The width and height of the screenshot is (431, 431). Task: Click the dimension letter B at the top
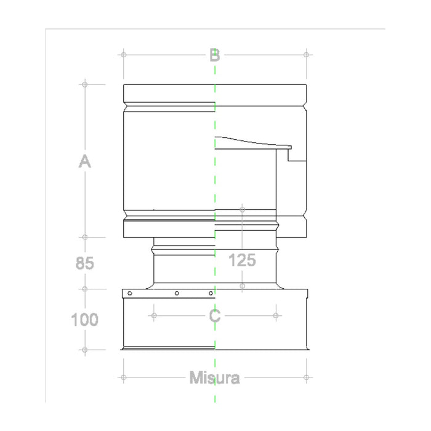(214, 55)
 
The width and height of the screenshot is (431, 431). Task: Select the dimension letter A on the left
(85, 162)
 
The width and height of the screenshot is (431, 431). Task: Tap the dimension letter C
(214, 316)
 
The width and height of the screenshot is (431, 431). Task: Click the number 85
(85, 263)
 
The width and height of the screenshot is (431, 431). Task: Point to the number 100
(85, 320)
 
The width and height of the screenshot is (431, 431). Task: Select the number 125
(242, 260)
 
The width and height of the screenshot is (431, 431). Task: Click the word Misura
(214, 377)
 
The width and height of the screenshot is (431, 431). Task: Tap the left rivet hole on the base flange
(129, 293)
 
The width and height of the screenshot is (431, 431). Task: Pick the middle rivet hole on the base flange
(177, 293)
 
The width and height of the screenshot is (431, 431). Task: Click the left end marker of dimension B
(124, 55)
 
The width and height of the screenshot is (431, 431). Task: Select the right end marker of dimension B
(306, 55)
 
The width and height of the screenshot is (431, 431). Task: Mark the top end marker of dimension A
(85, 84)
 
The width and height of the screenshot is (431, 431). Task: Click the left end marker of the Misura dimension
(124, 377)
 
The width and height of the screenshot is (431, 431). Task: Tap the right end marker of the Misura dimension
(306, 377)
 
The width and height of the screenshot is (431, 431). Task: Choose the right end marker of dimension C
(275, 316)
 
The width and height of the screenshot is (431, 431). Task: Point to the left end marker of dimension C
(153, 316)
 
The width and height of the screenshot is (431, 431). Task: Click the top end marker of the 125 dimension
(243, 210)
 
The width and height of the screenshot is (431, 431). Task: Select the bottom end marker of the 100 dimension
(85, 350)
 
